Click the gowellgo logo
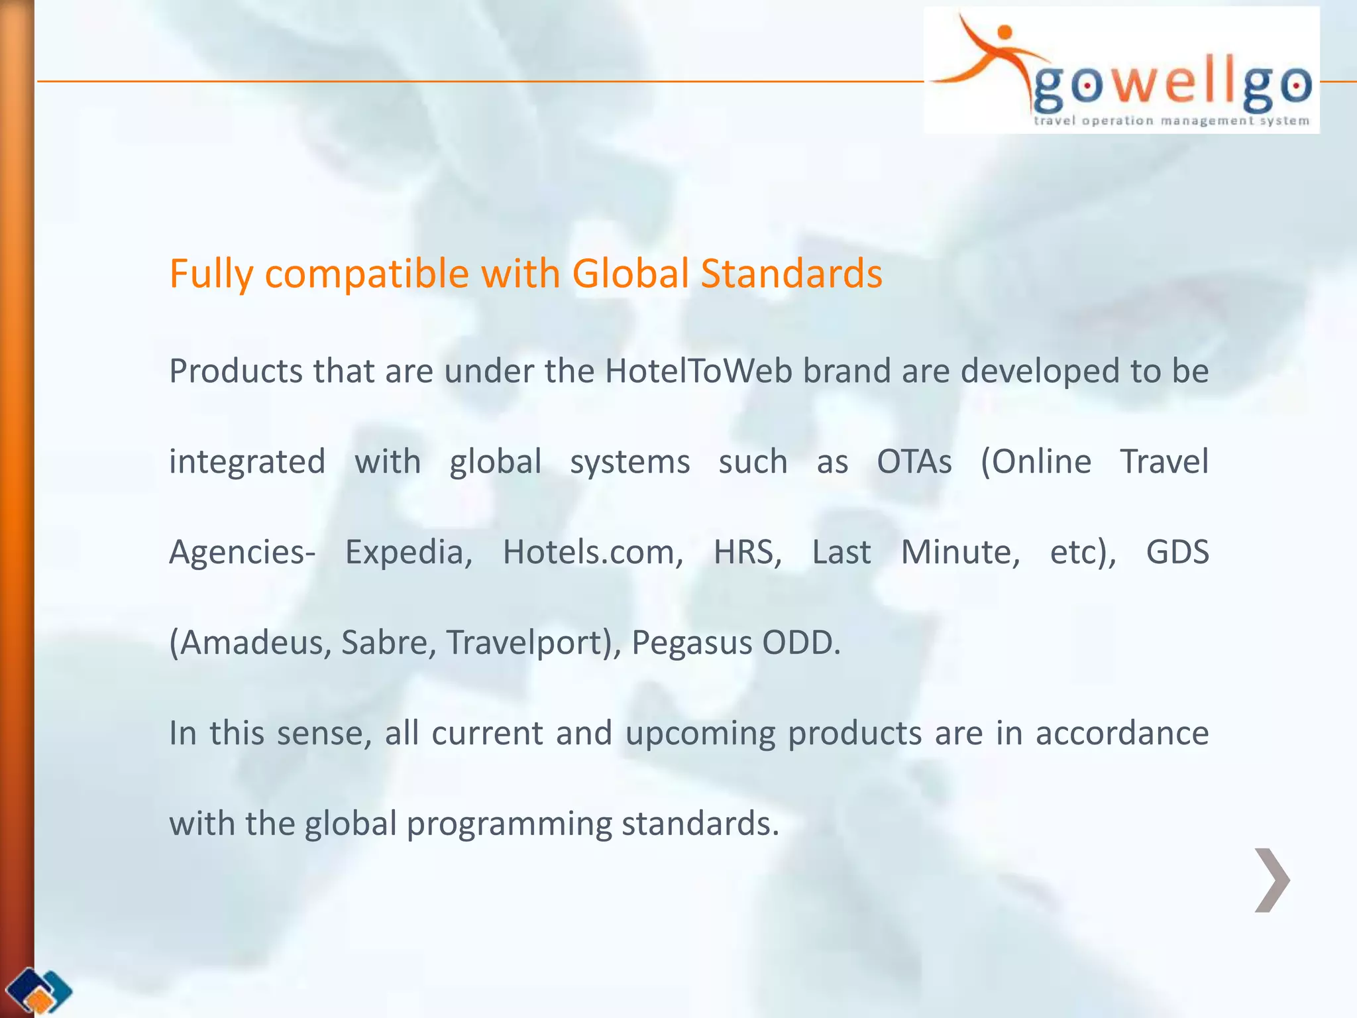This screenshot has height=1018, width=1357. (x=1121, y=71)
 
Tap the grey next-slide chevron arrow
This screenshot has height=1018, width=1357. (x=1272, y=880)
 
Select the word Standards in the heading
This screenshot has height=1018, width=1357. (x=791, y=273)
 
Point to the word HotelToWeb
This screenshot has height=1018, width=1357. (x=698, y=371)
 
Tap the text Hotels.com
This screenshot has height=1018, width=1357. (x=593, y=552)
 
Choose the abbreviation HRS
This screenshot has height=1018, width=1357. (x=747, y=552)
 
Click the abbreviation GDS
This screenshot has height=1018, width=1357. (x=1177, y=552)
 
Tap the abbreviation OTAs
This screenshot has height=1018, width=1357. (x=914, y=462)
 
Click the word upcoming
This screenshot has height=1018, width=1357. (x=700, y=734)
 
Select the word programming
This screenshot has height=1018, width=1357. (x=509, y=824)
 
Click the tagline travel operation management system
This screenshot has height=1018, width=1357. (x=1171, y=121)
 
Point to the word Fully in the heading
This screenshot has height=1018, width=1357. (x=211, y=273)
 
